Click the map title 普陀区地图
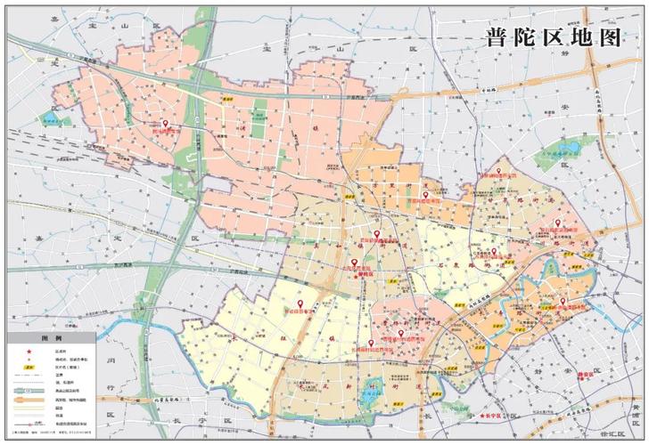[x=552, y=36]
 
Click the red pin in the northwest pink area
[x=164, y=124]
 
